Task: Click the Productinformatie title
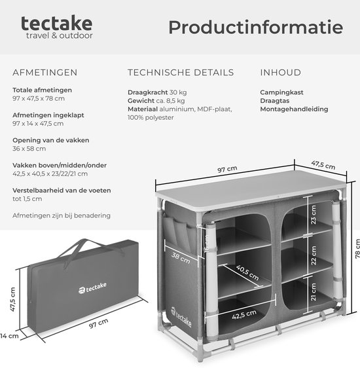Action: tap(256, 28)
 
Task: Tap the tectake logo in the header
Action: tap(57, 28)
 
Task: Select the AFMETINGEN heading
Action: tap(45, 73)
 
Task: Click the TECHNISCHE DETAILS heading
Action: tap(181, 73)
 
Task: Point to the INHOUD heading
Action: tap(281, 73)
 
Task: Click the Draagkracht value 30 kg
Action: tap(178, 92)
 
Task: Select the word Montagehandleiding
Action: tap(294, 109)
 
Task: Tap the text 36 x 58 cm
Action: tap(29, 149)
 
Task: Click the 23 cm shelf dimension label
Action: tap(314, 215)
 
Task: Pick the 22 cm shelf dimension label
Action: tap(314, 255)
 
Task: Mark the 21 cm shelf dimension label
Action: tap(314, 292)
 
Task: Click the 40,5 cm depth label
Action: tap(247, 272)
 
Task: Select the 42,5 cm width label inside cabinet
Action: tap(244, 314)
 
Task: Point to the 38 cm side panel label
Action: tap(181, 258)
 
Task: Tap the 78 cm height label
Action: tap(357, 249)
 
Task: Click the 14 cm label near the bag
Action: tap(9, 336)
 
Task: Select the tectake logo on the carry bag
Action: tap(92, 287)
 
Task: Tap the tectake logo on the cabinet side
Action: tap(181, 317)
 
